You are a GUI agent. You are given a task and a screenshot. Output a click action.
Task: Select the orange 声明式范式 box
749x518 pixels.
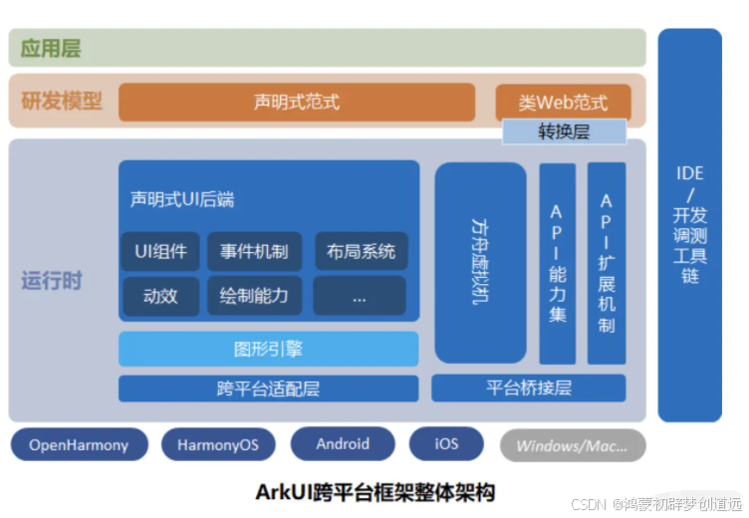296,102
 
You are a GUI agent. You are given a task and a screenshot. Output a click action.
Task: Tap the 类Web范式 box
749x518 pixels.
563,102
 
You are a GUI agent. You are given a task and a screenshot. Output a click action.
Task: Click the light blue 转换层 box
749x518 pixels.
564,131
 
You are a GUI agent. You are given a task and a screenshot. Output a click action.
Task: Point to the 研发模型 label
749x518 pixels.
63,101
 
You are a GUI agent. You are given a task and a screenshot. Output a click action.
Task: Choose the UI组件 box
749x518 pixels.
161,251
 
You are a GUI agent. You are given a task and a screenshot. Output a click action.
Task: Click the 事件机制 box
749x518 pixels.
254,251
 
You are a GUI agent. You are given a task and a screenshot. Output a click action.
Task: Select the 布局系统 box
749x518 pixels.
360,251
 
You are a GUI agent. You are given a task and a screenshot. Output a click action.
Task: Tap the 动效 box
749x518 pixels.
161,296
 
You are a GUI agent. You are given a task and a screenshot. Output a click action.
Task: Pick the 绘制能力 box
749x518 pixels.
254,296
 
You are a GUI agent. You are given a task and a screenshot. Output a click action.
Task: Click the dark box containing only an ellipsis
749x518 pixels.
360,296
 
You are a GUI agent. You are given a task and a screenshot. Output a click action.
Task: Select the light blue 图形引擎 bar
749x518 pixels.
268,349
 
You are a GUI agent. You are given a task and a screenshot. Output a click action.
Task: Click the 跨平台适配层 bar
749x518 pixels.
268,388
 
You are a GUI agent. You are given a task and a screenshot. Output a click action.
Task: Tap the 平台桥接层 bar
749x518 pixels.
528,388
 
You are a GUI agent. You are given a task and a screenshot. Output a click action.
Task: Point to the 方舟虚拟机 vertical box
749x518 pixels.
480,262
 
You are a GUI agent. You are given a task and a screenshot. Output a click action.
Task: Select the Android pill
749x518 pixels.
343,444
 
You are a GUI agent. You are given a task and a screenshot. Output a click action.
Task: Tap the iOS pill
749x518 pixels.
446,444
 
